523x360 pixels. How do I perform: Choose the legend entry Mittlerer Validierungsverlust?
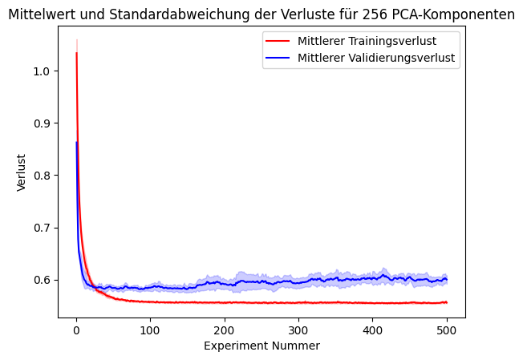(378, 58)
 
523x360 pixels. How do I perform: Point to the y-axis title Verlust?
(21, 172)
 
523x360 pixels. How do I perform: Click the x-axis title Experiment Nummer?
(261, 346)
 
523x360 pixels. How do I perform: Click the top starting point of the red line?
(76, 54)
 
